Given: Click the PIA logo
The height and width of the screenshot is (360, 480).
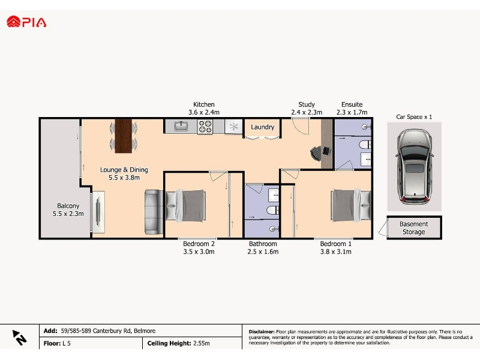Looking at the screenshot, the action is click(26, 22).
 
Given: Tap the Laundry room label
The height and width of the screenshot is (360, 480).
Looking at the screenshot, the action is click(262, 127).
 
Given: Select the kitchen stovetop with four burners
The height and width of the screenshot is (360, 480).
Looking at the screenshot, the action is click(205, 127).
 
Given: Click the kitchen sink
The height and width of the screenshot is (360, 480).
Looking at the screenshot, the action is click(181, 126).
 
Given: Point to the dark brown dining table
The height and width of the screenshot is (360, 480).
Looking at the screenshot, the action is click(124, 136).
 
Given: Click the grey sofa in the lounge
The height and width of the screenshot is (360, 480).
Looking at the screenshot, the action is click(154, 212).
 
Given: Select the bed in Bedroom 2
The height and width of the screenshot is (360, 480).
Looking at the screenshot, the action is click(185, 205).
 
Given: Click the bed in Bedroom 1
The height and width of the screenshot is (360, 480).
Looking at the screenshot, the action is click(351, 205).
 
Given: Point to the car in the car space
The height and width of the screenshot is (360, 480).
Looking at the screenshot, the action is click(414, 167).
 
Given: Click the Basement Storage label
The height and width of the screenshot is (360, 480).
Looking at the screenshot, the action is click(413, 228).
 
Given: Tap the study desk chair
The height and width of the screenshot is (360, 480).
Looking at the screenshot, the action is click(316, 152).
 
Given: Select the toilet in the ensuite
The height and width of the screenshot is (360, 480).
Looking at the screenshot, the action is click(365, 145).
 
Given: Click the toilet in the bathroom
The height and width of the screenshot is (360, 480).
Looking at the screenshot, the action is click(272, 211).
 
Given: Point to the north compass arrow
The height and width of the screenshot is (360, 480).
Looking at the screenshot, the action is click(19, 337).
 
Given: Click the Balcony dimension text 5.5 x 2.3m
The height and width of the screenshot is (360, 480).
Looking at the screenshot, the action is click(68, 214).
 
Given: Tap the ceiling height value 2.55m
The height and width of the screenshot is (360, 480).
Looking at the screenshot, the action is click(202, 343).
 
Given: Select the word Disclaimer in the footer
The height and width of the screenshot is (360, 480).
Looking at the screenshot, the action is click(262, 332).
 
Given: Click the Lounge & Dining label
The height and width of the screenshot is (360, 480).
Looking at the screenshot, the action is click(124, 170).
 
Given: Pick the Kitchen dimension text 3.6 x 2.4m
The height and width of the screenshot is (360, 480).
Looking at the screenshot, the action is click(204, 112).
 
